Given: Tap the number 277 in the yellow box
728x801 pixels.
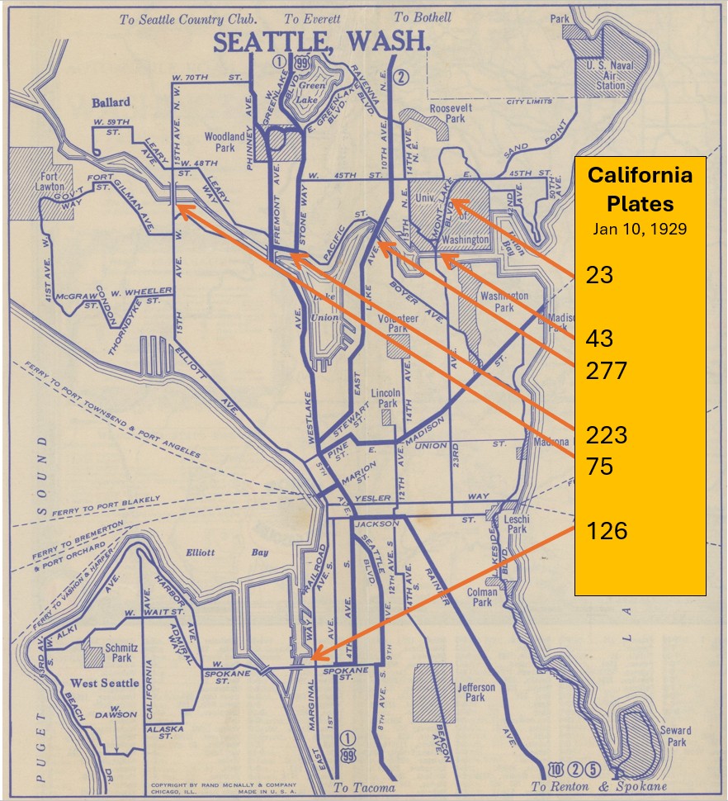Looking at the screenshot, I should pos(607,369).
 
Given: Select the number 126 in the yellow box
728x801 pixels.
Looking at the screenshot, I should pos(607,529).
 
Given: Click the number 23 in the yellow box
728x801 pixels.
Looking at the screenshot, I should pos(600,274).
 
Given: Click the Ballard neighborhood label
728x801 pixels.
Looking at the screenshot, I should pos(111,102).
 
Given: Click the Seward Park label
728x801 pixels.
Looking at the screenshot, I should pos(675,736).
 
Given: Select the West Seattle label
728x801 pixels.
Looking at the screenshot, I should pos(105,683).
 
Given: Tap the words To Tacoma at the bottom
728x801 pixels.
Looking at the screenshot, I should pos(364,788).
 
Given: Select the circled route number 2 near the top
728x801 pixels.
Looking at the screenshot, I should pos(402,78).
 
